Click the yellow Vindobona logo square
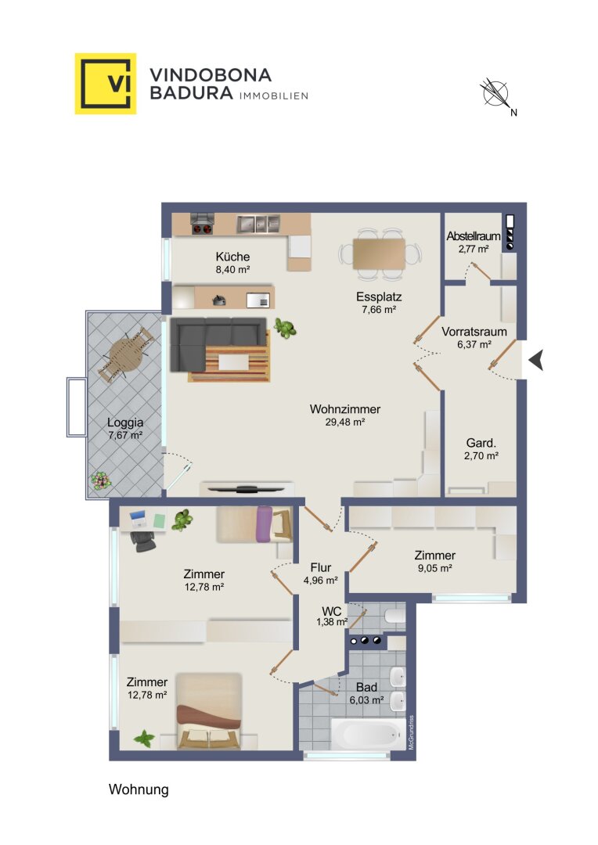tap(105, 84)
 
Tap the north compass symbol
tap(495, 92)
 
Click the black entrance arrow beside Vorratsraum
tap(536, 360)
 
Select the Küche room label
tap(232, 257)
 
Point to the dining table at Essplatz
tap(379, 253)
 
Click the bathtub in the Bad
tap(369, 733)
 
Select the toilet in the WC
tap(395, 616)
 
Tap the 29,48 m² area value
tap(345, 422)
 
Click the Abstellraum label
tap(473, 236)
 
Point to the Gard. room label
tap(481, 443)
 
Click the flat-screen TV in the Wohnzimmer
tap(247, 489)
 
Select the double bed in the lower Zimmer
tap(209, 710)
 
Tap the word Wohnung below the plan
tap(139, 789)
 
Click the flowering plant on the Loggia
tap(100, 480)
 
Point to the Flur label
tap(321, 567)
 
